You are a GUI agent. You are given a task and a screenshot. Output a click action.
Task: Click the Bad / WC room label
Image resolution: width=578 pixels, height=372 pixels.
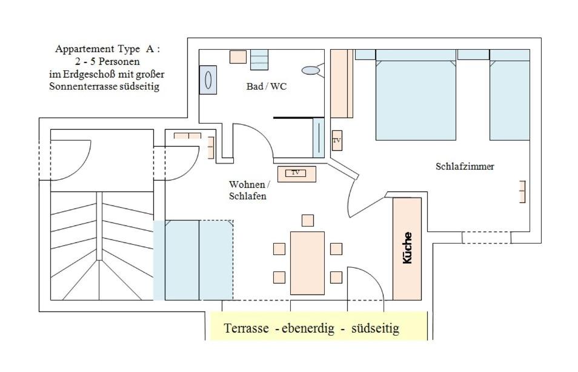click(266, 87)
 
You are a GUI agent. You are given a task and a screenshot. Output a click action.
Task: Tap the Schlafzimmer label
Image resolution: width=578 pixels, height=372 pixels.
click(465, 166)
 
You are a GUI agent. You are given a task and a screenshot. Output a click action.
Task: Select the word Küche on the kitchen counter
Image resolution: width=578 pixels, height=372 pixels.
click(407, 248)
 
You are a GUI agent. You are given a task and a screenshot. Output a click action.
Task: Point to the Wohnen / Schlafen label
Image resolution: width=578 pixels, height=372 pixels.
click(249, 190)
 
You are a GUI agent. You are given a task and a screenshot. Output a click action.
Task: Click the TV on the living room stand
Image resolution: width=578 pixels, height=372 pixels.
click(296, 173)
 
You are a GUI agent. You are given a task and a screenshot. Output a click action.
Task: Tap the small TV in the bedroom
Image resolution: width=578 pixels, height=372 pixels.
click(337, 141)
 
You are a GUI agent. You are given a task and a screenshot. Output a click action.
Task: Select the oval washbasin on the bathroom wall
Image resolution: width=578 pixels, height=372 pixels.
click(311, 70)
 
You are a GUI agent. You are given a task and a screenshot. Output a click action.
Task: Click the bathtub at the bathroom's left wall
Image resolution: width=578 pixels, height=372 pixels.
click(208, 79)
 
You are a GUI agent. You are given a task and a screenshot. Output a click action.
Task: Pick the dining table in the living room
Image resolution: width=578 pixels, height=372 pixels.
click(307, 263)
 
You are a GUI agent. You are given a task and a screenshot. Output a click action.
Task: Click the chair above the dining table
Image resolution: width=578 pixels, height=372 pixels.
click(308, 220)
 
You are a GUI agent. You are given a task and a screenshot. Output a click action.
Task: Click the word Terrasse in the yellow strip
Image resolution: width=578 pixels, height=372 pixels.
click(246, 329)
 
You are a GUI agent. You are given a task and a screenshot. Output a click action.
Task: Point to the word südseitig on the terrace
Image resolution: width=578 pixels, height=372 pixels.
click(375, 329)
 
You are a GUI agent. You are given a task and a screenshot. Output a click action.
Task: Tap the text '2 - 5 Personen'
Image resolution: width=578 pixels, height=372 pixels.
click(108, 61)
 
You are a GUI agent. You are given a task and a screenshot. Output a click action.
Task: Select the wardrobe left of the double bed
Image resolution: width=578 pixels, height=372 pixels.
click(341, 84)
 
